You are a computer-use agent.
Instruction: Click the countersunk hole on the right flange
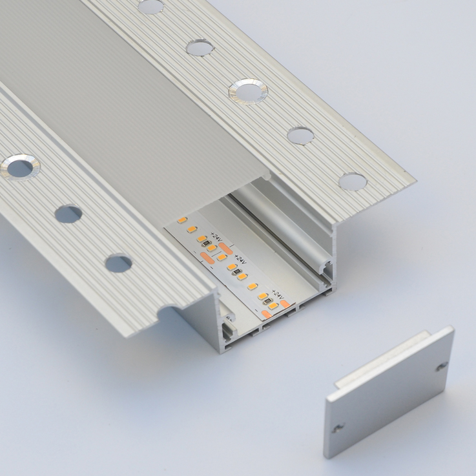coord(248,91)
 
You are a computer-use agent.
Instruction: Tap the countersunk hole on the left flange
coord(20,167)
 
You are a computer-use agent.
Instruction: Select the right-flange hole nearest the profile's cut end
coord(353,181)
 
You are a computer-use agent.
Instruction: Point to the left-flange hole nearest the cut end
coord(118,263)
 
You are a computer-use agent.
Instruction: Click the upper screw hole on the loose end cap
coord(442,366)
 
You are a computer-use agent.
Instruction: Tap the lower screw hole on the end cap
coord(338,428)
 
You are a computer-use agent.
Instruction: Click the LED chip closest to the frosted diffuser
coord(182,220)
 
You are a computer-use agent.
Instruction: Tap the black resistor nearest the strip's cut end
coord(267,301)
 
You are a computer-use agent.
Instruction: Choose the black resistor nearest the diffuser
coord(207,243)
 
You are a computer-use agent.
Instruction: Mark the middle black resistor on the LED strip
coord(237,272)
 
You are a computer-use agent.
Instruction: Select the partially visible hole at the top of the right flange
coord(151,6)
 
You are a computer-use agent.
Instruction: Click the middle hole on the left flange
coord(68,214)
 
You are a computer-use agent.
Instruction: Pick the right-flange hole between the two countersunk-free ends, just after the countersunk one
coord(300,136)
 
